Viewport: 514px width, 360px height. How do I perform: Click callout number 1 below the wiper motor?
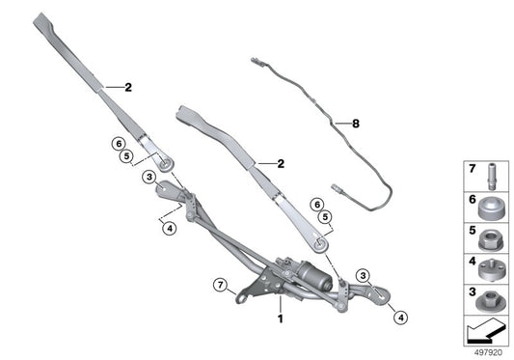(281, 318)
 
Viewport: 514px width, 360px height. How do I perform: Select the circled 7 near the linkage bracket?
(220, 285)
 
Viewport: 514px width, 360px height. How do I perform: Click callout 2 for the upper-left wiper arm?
(127, 89)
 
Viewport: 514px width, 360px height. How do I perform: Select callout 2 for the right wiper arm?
(281, 164)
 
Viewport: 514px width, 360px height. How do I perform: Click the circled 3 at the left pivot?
(149, 177)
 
